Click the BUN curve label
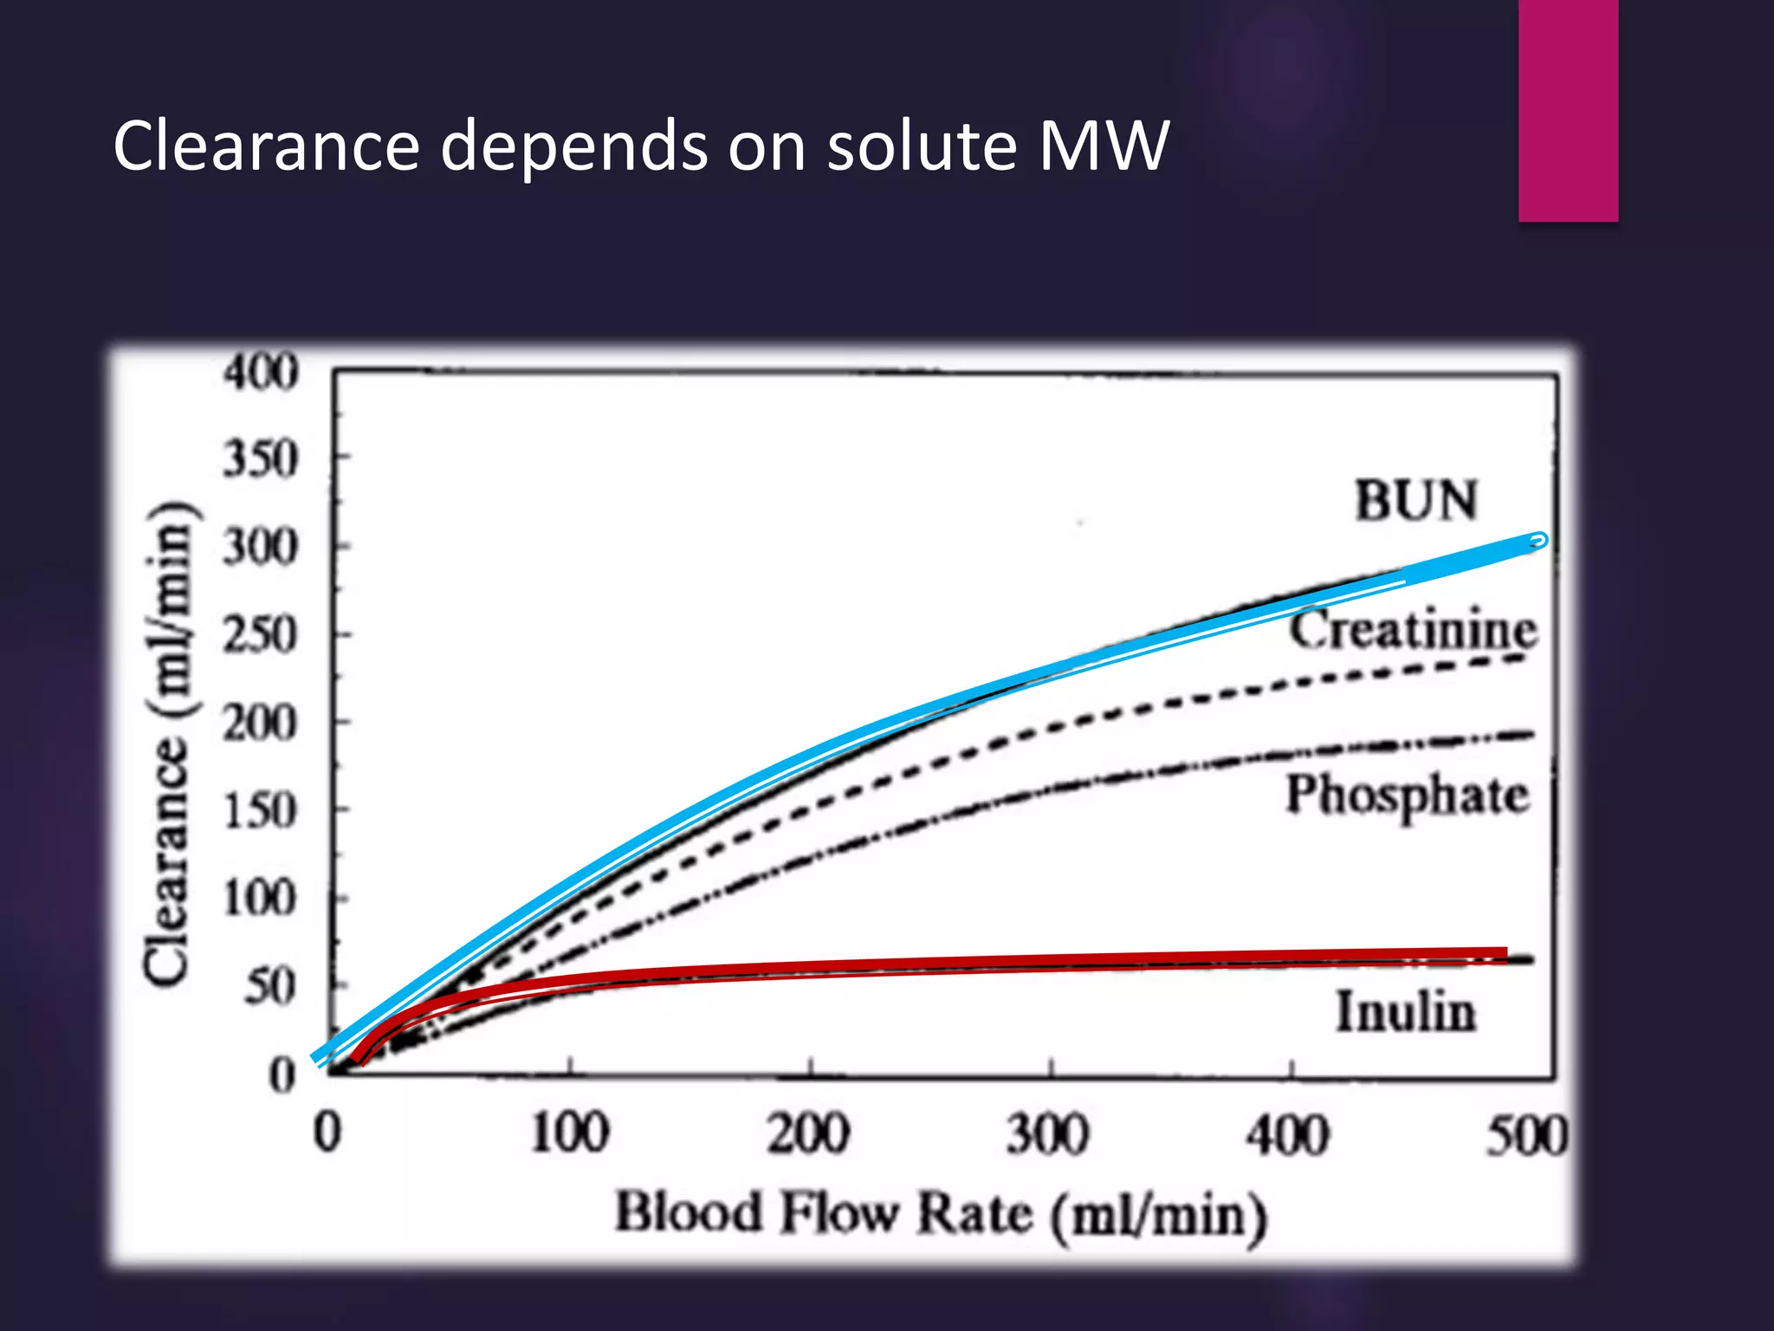click(x=1416, y=501)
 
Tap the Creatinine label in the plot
click(x=1413, y=630)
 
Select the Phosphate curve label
click(x=1408, y=795)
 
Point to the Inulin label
click(x=1405, y=1011)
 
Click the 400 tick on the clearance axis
click(x=261, y=373)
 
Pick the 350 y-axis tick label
click(x=261, y=459)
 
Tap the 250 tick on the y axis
click(x=261, y=636)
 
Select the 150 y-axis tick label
click(x=261, y=812)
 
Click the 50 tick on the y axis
click(x=271, y=987)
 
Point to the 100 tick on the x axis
click(x=570, y=1133)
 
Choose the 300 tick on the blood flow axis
click(x=1048, y=1135)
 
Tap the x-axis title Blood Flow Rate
click(x=941, y=1214)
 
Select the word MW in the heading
click(x=1104, y=146)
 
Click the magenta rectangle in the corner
click(x=1568, y=110)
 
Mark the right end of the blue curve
click(x=1538, y=542)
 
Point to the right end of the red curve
click(x=1505, y=953)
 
